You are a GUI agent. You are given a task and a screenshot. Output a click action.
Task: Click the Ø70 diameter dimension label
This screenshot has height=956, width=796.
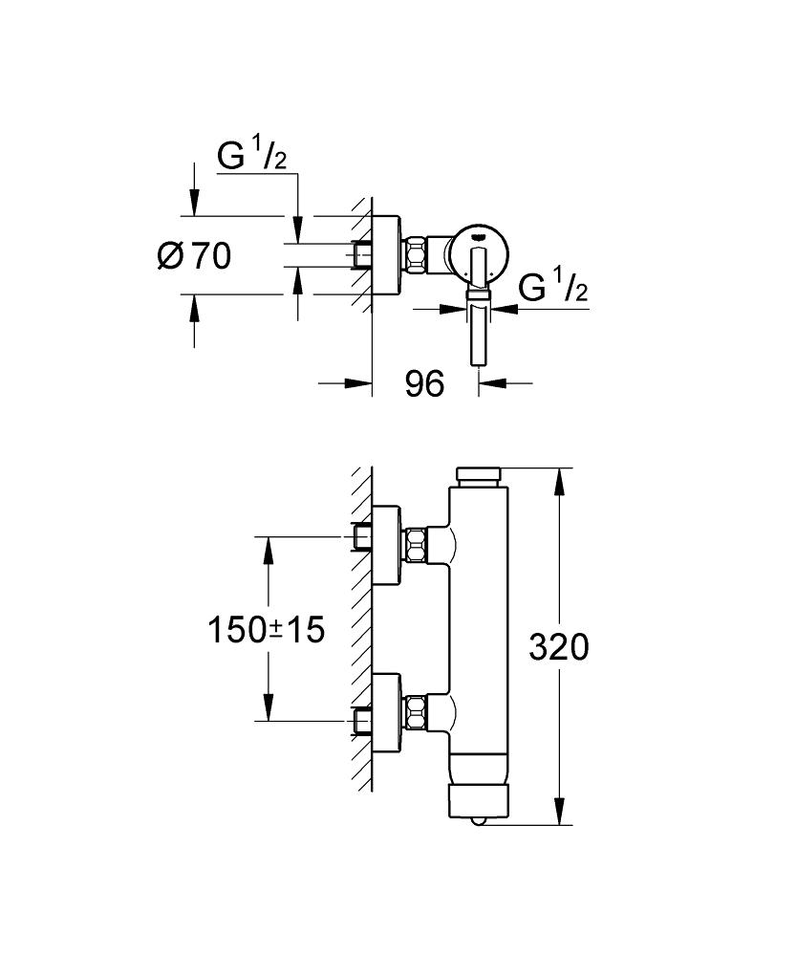click(194, 255)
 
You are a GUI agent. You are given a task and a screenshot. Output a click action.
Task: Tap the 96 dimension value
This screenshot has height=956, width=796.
click(425, 383)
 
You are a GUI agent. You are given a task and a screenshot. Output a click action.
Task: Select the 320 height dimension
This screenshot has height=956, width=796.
click(558, 647)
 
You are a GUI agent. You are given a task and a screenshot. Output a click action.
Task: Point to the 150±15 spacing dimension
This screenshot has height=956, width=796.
click(267, 629)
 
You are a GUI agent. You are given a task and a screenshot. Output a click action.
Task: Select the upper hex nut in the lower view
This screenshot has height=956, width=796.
click(417, 545)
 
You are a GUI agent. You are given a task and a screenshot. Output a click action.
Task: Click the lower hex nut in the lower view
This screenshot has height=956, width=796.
click(417, 711)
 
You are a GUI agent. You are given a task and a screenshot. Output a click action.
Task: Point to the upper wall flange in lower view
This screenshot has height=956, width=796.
click(386, 545)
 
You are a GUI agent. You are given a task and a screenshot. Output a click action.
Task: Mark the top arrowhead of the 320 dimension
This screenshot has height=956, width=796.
click(558, 482)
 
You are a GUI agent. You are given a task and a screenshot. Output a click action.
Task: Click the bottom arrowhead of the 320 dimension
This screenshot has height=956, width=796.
click(558, 812)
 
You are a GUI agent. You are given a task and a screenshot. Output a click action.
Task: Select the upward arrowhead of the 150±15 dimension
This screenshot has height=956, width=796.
click(267, 551)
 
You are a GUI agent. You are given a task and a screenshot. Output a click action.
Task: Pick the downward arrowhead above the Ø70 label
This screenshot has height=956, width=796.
click(194, 203)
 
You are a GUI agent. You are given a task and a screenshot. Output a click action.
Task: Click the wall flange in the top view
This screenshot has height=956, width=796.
click(386, 255)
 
